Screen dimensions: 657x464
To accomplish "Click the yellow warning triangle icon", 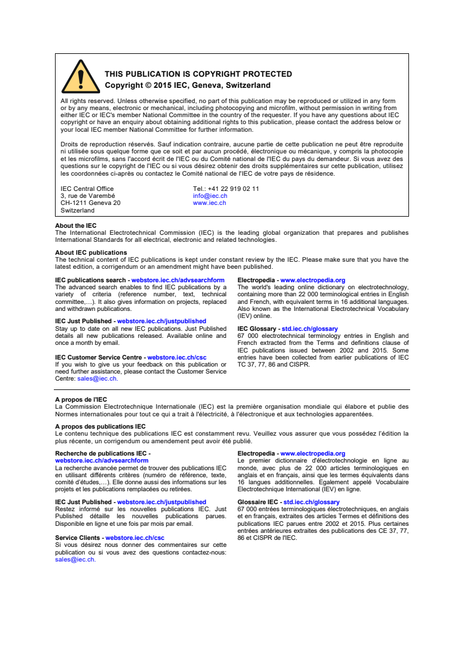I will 80,78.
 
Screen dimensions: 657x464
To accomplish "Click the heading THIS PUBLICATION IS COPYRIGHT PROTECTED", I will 198,74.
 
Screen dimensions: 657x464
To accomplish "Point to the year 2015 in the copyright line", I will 160,85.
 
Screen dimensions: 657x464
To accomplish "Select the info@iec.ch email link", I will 209,196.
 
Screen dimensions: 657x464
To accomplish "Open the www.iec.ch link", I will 209,203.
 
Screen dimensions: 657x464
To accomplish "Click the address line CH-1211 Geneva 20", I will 90,203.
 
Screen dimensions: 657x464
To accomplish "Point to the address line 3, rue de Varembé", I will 88,196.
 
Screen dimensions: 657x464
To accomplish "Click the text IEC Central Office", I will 87,189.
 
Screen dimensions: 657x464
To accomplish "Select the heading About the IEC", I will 75,226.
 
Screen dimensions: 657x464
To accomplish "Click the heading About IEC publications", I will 91,253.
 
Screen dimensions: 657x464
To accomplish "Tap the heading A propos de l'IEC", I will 81,400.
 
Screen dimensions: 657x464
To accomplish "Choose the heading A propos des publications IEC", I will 100,427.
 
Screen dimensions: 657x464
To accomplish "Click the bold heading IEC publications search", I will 90,280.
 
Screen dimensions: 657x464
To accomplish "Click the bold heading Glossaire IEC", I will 257,502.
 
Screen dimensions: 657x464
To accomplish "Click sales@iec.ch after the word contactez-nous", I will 75,560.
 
